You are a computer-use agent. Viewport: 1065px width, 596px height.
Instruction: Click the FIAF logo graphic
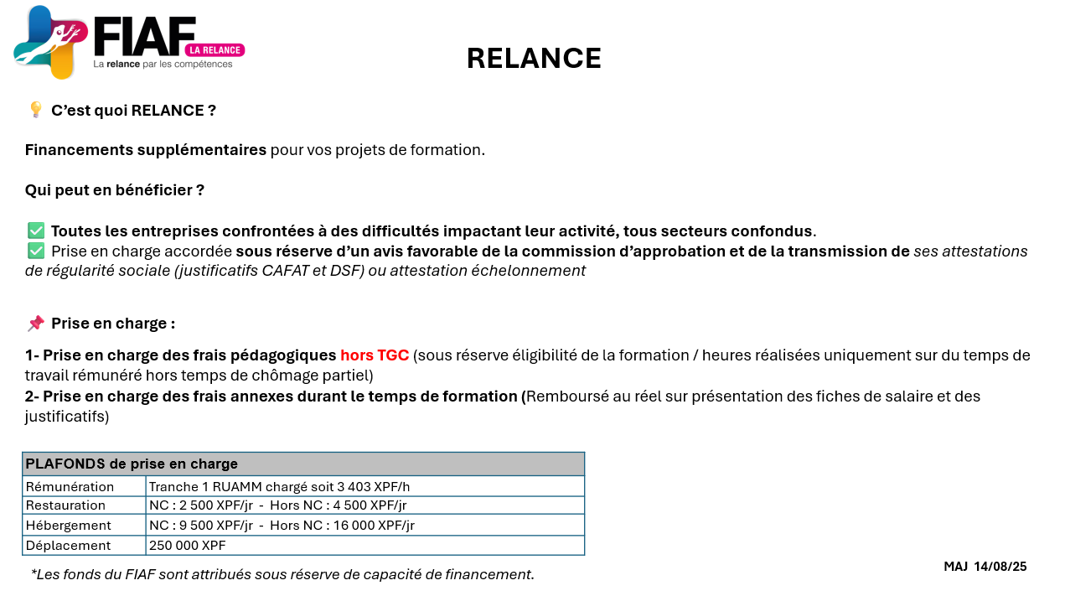pyautogui.click(x=50, y=42)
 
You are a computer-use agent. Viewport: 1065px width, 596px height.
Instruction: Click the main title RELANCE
pyautogui.click(x=534, y=59)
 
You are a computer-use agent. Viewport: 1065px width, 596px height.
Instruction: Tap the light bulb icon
pyautogui.click(x=35, y=110)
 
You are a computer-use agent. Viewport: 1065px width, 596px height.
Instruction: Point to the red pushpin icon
pyautogui.click(x=35, y=324)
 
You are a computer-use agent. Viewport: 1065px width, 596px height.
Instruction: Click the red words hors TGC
pyautogui.click(x=375, y=355)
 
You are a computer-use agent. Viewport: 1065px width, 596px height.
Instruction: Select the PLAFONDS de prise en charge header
pyautogui.click(x=132, y=464)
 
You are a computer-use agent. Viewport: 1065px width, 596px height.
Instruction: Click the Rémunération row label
pyautogui.click(x=70, y=487)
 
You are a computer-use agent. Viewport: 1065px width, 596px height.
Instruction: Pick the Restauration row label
pyautogui.click(x=66, y=505)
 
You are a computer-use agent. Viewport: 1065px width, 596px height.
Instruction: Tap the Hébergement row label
pyautogui.click(x=69, y=526)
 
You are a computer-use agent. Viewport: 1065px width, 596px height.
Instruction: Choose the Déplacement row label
pyautogui.click(x=68, y=546)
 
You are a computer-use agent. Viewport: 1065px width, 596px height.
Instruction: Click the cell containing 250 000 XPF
pyautogui.click(x=188, y=546)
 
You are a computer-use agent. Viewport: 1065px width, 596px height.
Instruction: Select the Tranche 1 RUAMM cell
pyautogui.click(x=279, y=487)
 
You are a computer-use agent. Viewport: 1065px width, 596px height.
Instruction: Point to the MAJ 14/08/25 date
pyautogui.click(x=985, y=567)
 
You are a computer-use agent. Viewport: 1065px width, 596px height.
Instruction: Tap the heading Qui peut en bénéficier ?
pyautogui.click(x=115, y=190)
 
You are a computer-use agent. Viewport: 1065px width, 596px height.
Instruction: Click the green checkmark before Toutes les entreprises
pyautogui.click(x=36, y=231)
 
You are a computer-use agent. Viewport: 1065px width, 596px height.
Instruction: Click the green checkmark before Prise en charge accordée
pyautogui.click(x=36, y=251)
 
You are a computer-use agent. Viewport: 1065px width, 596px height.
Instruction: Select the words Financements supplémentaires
pyautogui.click(x=146, y=150)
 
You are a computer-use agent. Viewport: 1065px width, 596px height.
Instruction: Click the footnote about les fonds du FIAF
pyautogui.click(x=282, y=574)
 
